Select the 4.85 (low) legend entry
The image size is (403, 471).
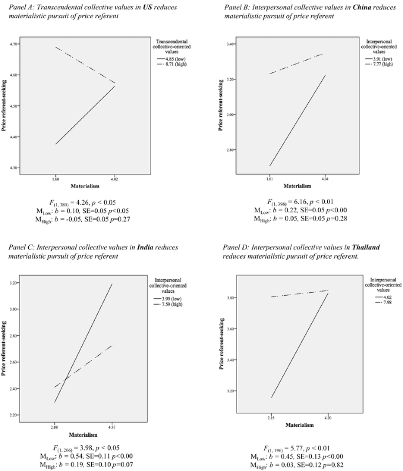click(x=172, y=59)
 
